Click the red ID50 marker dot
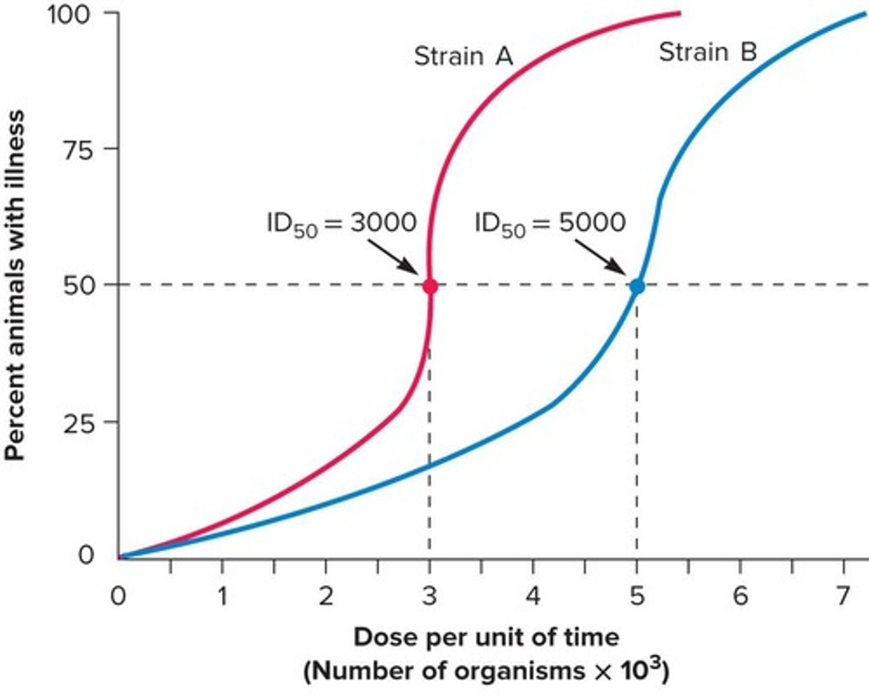click(x=430, y=286)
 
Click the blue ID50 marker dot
click(x=637, y=287)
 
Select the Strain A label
click(x=463, y=56)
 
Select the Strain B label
click(x=707, y=52)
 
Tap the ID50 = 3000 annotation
click(x=342, y=224)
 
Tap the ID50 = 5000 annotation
click(x=550, y=224)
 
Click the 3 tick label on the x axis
click(x=429, y=597)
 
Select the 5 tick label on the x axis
click(x=637, y=597)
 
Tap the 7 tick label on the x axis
click(x=843, y=597)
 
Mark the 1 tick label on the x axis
click(x=223, y=597)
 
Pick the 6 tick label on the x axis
click(x=740, y=597)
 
